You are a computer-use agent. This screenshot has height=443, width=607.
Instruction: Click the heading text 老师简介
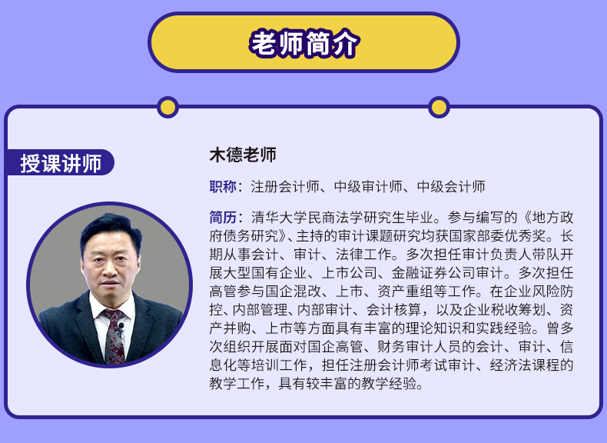[304, 42]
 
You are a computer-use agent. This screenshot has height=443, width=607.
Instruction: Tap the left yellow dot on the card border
[168, 108]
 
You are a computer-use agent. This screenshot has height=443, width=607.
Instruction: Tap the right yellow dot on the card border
[439, 108]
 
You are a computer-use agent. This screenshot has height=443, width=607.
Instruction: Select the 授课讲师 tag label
[61, 163]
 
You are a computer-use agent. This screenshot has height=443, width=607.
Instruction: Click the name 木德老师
[243, 155]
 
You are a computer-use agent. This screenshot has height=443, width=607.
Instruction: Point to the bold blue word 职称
[223, 187]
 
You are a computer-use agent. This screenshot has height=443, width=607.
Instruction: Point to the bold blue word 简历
[223, 218]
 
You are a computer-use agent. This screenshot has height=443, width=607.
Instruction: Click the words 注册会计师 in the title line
[285, 187]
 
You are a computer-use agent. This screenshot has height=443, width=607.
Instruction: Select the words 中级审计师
[368, 187]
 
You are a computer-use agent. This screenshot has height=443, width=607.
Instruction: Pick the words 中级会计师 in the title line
[451, 187]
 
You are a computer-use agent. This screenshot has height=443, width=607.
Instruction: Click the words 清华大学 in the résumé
[279, 218]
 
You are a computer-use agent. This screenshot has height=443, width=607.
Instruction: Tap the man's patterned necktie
[113, 336]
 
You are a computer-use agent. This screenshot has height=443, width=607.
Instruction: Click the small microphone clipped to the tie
[121, 327]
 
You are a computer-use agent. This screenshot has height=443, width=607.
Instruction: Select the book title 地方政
[552, 218]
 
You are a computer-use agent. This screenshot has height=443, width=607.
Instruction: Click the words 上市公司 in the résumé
[349, 273]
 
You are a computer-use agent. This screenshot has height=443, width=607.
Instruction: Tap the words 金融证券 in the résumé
[420, 273]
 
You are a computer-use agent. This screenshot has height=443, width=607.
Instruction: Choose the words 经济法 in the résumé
[511, 365]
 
